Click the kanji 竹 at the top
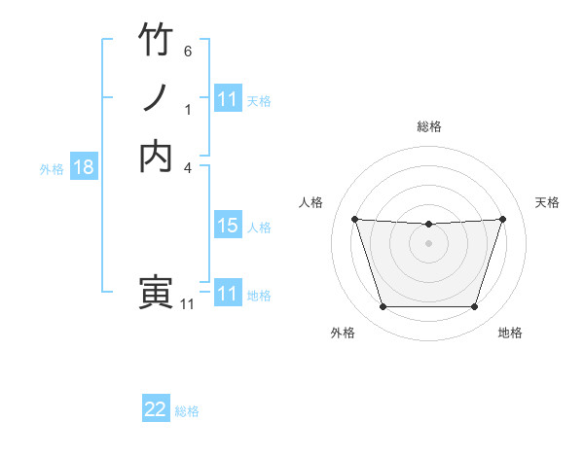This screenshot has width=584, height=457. pyautogui.click(x=156, y=41)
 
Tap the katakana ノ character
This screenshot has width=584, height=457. pyautogui.click(x=156, y=97)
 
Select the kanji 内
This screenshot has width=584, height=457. pyautogui.click(x=156, y=155)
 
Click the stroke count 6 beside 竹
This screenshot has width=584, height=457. pyautogui.click(x=188, y=51)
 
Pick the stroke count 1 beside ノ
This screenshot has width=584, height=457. pyautogui.click(x=188, y=109)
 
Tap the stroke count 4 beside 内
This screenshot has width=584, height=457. pyautogui.click(x=188, y=166)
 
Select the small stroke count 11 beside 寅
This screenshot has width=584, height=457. pyautogui.click(x=187, y=304)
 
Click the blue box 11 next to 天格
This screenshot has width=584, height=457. pyautogui.click(x=228, y=99)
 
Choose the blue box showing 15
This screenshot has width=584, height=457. pyautogui.click(x=228, y=226)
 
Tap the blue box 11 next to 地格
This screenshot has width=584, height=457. pyautogui.click(x=228, y=294)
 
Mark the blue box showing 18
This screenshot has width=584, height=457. pyautogui.click(x=84, y=167)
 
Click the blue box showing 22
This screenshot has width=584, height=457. pyautogui.click(x=156, y=410)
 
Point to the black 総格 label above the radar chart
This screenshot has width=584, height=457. pyautogui.click(x=429, y=126)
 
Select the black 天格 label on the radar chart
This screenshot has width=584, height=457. pyautogui.click(x=547, y=202)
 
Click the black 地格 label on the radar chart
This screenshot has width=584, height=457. pyautogui.click(x=510, y=333)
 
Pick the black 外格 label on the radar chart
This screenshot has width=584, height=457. pyautogui.click(x=343, y=333)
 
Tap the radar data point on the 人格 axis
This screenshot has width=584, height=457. pyautogui.click(x=354, y=219)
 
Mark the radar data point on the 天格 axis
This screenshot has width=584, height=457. pyautogui.click(x=502, y=219)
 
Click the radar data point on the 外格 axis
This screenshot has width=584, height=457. pyautogui.click(x=383, y=307)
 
